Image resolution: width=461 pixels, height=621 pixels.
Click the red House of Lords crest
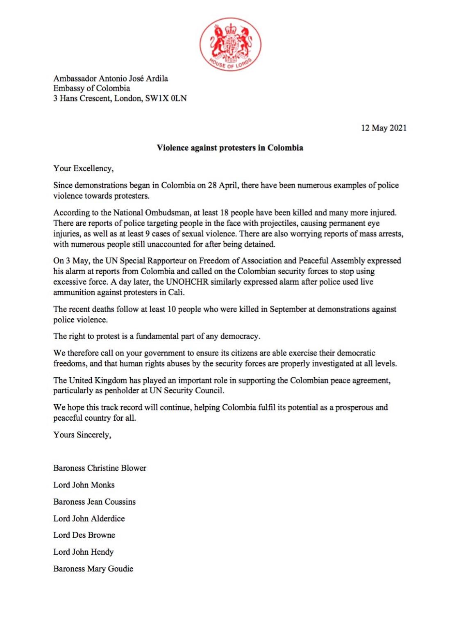tap(230, 44)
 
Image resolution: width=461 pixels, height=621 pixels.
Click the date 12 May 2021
tap(384, 128)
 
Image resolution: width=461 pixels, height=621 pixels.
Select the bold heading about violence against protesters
tap(230, 148)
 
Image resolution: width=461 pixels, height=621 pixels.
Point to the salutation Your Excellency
tap(84, 168)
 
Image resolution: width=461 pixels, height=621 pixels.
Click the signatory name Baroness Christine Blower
tap(100, 468)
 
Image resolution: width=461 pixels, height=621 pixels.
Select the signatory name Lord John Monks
tap(84, 485)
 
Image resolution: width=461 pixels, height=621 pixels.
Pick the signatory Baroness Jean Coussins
tap(94, 501)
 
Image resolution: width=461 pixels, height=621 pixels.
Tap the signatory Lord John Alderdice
tap(89, 518)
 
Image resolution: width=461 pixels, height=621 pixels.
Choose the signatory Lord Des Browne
tap(84, 535)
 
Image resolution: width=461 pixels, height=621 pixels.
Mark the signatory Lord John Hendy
tap(84, 552)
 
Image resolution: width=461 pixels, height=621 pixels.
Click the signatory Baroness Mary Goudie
tap(93, 569)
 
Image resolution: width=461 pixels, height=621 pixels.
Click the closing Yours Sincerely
tap(82, 435)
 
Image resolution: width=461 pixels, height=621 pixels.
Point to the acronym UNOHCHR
tap(187, 282)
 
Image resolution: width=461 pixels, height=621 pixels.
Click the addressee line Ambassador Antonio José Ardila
tap(111, 78)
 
